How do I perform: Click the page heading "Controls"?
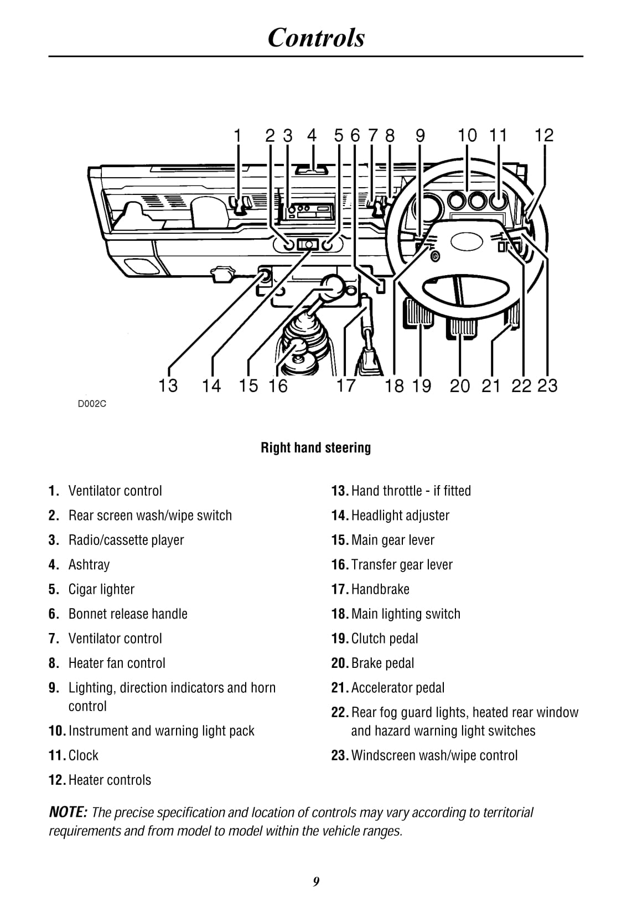coord(316,38)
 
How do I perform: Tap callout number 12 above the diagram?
coord(544,135)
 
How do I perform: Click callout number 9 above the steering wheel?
coord(420,135)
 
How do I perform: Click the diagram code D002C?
coord(92,404)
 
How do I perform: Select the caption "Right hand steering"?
coord(315,447)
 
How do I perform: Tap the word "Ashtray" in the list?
coord(89,564)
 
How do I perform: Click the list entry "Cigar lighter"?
coord(101,589)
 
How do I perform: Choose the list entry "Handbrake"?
coord(380,589)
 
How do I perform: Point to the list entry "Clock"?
coord(84,755)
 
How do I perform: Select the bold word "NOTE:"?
coord(68,812)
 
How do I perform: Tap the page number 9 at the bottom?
coord(316,882)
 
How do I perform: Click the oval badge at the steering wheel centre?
coord(464,241)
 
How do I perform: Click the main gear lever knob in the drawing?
coord(333,286)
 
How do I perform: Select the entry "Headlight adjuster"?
coord(400,515)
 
